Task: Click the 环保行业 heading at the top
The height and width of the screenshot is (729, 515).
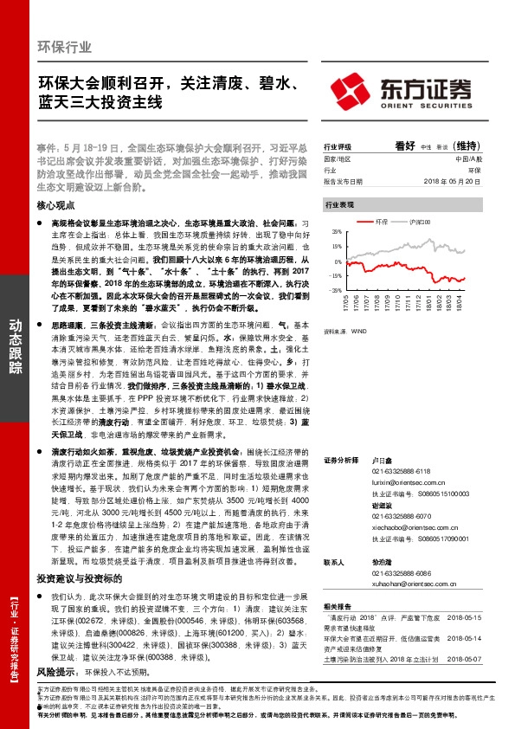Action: click(66, 46)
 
